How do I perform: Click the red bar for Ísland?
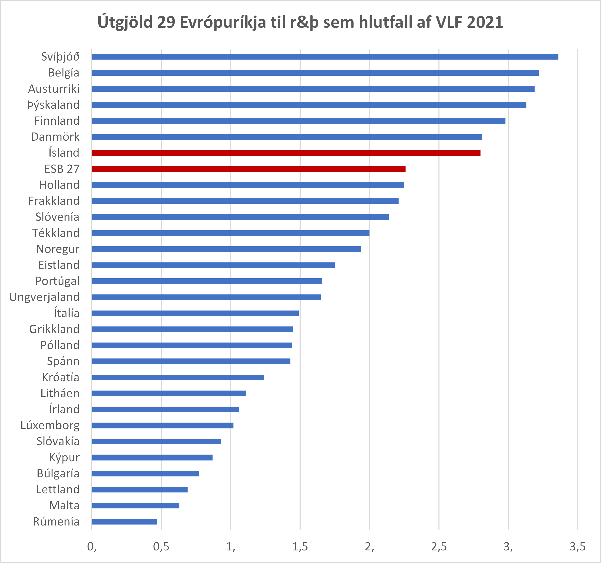click(286, 153)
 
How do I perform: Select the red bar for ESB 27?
click(249, 169)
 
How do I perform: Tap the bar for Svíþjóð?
click(325, 57)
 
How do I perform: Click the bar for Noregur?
click(226, 249)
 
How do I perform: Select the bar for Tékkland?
click(231, 233)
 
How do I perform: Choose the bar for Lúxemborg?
click(163, 425)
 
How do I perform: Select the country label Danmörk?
click(55, 137)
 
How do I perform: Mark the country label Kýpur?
click(64, 458)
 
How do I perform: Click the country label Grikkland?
click(54, 329)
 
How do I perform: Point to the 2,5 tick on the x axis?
click(439, 547)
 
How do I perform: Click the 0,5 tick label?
click(161, 547)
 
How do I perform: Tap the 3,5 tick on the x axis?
click(577, 547)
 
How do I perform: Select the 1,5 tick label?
click(300, 547)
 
